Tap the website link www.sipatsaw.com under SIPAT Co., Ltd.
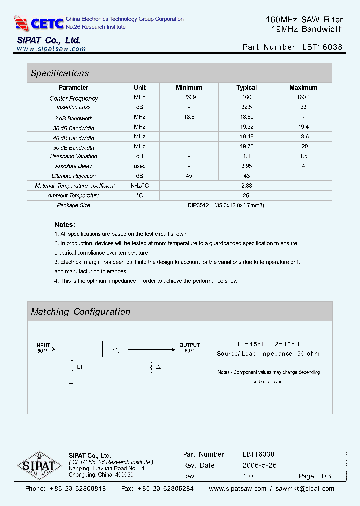pos(51,49)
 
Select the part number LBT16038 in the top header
pos(322,47)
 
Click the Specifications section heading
pos(60,73)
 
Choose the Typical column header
pos(246,88)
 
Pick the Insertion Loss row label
pos(73,107)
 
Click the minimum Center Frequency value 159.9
pos(189,98)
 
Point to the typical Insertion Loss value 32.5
pos(246,107)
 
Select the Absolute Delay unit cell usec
pos(140,166)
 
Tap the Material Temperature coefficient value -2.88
pos(246,185)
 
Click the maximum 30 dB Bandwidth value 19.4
pos(303,127)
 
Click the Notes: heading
pos(65,225)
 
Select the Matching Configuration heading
pos(80,312)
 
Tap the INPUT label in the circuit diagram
pos(43,345)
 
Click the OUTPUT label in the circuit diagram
pos(189,345)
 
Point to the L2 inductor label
pos(158,367)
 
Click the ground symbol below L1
pos(71,383)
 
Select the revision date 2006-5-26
pos(260,465)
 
